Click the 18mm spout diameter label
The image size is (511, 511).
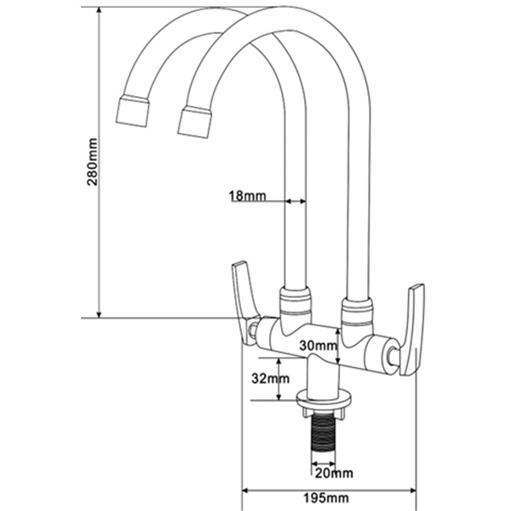(x=247, y=196)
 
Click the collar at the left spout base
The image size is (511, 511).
(x=294, y=300)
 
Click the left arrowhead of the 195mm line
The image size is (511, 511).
(x=250, y=491)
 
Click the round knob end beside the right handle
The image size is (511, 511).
(x=392, y=356)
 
